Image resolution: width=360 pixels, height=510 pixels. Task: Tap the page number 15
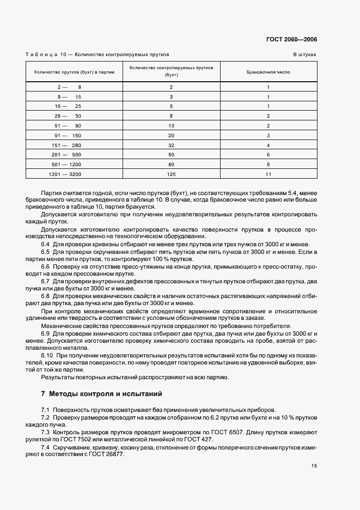[314, 465]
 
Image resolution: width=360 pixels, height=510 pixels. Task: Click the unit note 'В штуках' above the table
[305, 55]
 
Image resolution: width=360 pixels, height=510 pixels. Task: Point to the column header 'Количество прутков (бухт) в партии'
[74, 72]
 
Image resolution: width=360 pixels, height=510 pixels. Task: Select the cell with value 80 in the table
[171, 163]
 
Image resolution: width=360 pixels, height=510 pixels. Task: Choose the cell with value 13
[171, 125]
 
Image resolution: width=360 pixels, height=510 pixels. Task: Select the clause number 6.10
[46, 355]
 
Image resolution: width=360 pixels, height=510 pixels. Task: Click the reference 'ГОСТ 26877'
[108, 455]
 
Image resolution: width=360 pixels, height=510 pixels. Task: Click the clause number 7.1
[45, 410]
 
